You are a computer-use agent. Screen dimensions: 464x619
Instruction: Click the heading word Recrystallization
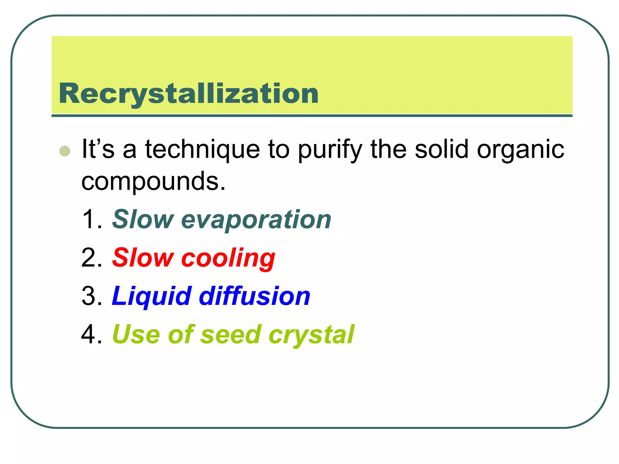(x=189, y=94)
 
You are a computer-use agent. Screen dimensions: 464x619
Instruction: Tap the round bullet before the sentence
(x=65, y=151)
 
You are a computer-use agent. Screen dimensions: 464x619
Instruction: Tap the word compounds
(x=153, y=182)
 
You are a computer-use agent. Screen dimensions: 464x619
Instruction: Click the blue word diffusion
(x=255, y=296)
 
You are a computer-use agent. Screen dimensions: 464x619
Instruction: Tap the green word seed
(x=231, y=335)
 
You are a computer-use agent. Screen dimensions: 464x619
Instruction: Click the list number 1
(x=92, y=220)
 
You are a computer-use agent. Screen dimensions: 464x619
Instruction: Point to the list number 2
(x=92, y=258)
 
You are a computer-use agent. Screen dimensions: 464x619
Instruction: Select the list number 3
(x=92, y=296)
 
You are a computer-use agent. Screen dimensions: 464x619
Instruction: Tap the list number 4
(x=92, y=335)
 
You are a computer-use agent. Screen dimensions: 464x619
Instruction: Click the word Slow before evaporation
(x=143, y=220)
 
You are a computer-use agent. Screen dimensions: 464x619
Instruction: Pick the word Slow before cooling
(x=143, y=258)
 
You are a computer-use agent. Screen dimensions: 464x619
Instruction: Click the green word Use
(x=136, y=335)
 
